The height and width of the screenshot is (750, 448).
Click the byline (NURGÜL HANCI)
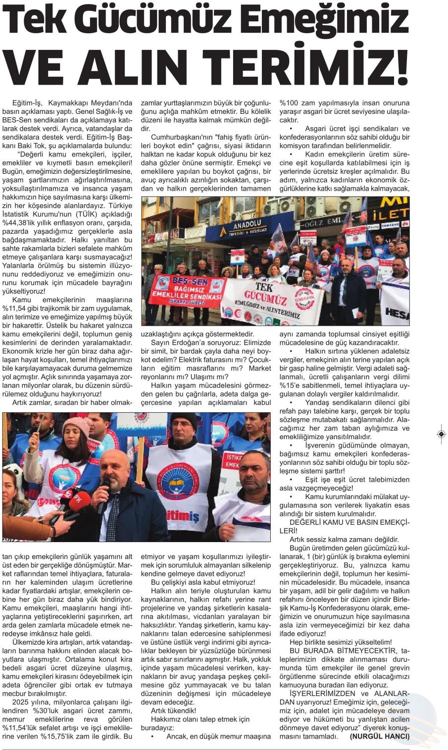(380, 736)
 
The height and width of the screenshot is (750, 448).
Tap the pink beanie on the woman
(76, 425)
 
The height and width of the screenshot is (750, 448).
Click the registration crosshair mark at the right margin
(441, 434)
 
